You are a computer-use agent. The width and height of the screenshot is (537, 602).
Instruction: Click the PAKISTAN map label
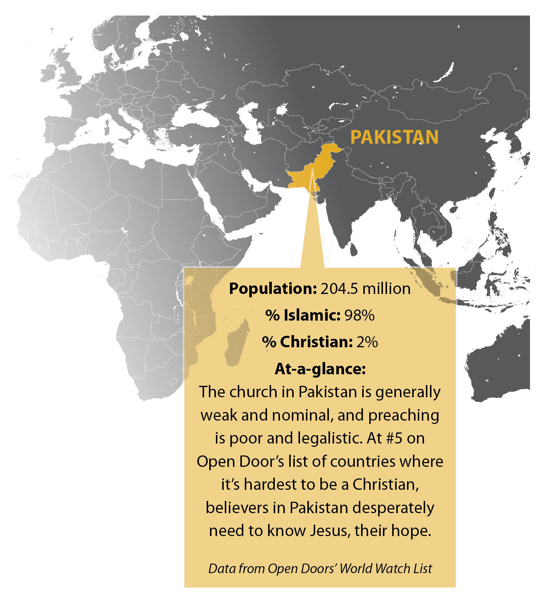(394, 137)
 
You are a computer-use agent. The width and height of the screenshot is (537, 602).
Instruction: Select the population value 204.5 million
(365, 288)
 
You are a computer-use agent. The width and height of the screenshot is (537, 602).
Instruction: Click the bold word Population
(273, 288)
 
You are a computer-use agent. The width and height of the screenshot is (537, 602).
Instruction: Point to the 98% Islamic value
(359, 315)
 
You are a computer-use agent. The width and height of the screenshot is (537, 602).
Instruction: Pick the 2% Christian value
(367, 342)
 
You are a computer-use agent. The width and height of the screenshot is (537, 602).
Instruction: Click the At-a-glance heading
(320, 369)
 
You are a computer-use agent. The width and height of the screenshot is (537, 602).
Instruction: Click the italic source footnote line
(320, 568)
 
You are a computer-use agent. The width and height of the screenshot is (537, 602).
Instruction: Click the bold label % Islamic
(303, 315)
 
